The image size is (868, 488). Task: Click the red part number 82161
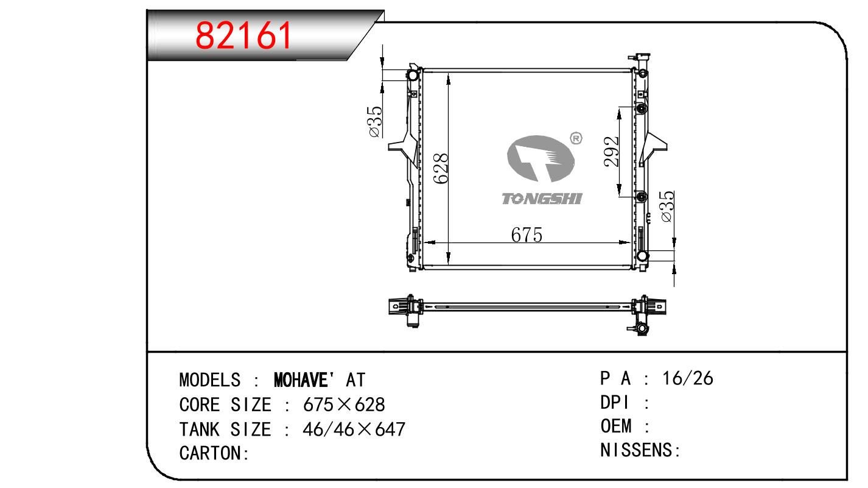243,36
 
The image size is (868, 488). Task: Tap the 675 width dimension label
527,235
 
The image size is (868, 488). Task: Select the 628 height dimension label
441,168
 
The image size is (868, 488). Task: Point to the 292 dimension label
611,152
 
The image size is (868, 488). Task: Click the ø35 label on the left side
375,122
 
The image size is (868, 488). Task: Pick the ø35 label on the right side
668,207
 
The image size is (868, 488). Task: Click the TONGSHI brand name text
542,199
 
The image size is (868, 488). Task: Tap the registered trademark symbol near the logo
576,138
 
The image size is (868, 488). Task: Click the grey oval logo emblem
541,158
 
